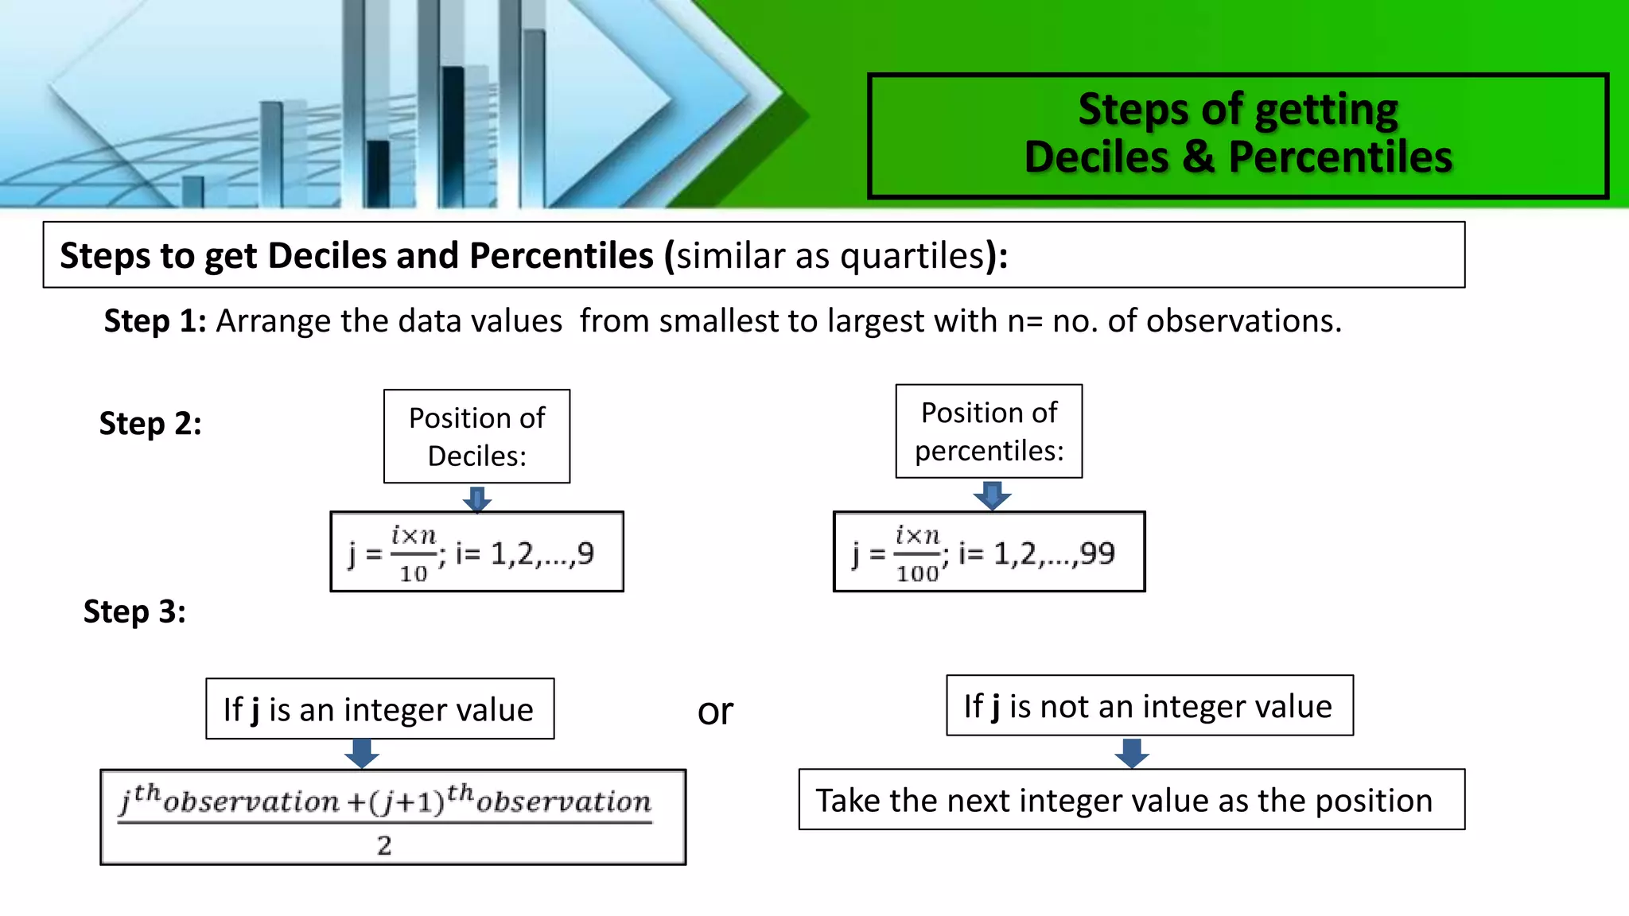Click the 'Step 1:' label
(x=155, y=321)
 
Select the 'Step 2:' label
(x=150, y=424)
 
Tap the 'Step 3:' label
(x=134, y=612)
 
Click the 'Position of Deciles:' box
(x=476, y=437)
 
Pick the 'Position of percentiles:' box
(x=989, y=432)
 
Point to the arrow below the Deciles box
(x=477, y=499)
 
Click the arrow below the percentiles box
(x=992, y=495)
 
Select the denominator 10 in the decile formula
(x=414, y=573)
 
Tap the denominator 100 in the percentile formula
(x=917, y=573)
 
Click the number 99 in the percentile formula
(x=1098, y=553)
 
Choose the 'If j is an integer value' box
(x=379, y=709)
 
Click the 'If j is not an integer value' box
(x=1149, y=706)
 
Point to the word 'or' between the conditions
(x=715, y=712)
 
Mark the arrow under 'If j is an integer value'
(x=362, y=753)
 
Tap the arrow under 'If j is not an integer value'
(x=1131, y=752)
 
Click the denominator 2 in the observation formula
(x=384, y=846)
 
